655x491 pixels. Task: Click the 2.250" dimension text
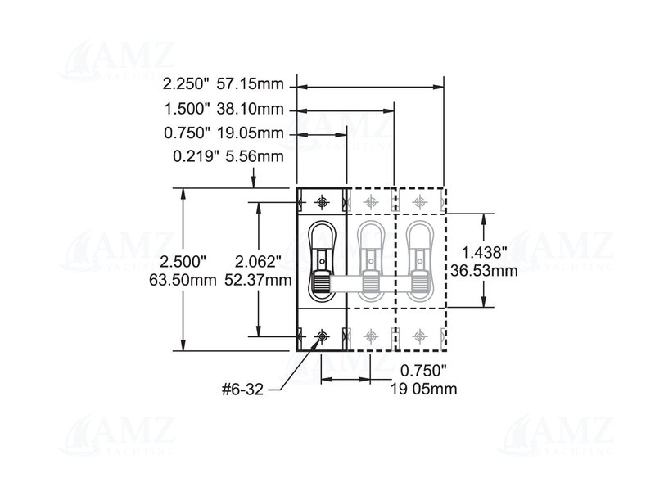(186, 84)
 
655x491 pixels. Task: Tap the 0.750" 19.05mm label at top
(224, 133)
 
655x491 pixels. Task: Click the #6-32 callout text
(242, 390)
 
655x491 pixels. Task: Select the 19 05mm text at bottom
(423, 390)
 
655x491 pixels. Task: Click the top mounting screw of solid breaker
(322, 201)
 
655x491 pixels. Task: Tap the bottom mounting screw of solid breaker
(322, 336)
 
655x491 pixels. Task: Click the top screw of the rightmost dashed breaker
(419, 201)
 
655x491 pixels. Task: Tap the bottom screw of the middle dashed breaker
(371, 336)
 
